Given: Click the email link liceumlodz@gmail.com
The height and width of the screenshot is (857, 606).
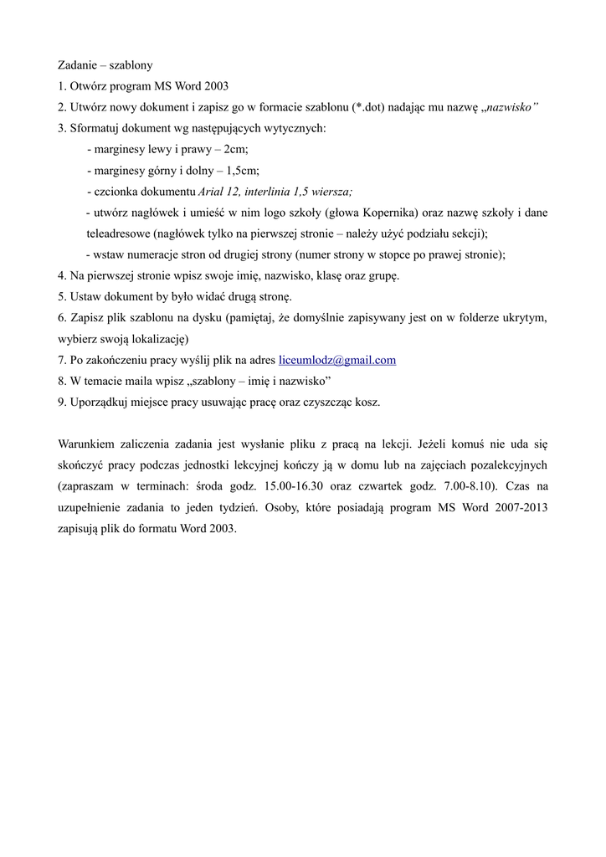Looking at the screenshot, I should [x=336, y=361].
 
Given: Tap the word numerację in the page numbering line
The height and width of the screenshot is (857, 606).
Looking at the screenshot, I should [x=172, y=254].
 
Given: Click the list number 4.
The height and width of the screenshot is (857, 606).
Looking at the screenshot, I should [x=61, y=275].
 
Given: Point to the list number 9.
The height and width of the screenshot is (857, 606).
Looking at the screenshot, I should [x=61, y=402].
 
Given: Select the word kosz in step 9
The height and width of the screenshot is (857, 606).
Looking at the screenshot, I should [x=366, y=402].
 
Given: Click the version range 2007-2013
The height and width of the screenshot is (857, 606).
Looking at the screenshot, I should [x=518, y=507].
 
